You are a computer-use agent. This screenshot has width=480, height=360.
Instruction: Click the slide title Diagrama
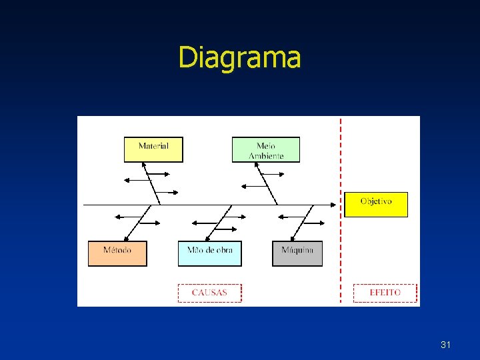coord(239,57)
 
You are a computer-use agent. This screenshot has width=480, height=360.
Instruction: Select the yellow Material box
coord(153,149)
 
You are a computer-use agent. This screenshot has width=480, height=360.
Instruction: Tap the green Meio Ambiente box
coord(266,149)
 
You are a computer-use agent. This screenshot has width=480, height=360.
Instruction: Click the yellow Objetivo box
coord(376,204)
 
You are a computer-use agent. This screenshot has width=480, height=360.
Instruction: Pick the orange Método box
coord(117,253)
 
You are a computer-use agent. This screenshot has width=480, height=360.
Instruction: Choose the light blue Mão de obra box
coord(210,253)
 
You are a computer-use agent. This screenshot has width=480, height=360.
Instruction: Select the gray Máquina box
coord(297,253)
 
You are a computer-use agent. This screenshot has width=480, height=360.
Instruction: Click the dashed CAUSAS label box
coord(209,293)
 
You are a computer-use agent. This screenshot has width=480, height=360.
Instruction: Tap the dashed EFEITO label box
coord(385,293)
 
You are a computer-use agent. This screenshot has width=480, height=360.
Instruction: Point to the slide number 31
coord(445,345)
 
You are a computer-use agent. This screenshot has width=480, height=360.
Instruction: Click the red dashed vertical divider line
coord(341,253)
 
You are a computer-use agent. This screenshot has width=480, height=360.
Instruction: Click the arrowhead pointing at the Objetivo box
coord(336,204)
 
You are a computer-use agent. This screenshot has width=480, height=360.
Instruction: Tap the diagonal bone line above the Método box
coord(137,223)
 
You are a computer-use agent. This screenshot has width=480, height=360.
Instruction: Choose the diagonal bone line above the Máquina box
coord(301,223)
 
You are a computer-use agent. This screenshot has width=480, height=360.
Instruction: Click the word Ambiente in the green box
coord(266,156)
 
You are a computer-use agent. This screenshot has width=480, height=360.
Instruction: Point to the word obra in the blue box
coord(221,251)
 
